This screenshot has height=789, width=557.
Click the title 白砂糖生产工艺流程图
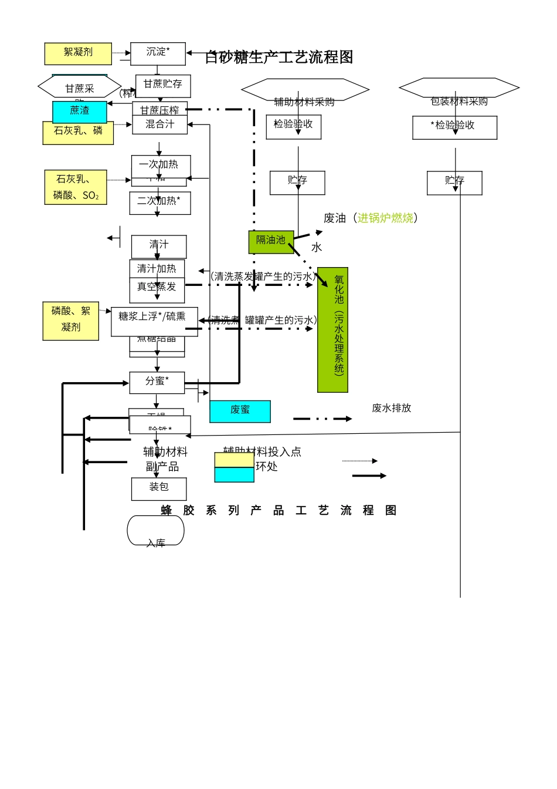point(279,57)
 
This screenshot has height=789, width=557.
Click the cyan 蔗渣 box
point(80,112)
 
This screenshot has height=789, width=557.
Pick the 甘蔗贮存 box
point(163,85)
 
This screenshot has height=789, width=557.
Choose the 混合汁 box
point(159,124)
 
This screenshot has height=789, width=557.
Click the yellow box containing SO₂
point(76,187)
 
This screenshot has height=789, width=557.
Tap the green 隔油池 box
point(270,241)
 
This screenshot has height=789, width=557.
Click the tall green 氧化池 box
point(332,329)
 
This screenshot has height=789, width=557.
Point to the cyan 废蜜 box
point(240,411)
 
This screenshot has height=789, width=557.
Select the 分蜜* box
point(157,382)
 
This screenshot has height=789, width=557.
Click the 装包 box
point(159,488)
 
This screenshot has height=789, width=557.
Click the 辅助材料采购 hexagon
point(305,90)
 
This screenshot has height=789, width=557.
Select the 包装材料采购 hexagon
point(459,88)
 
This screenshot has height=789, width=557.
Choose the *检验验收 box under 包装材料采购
point(454,127)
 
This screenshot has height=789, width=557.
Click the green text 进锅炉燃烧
point(385,218)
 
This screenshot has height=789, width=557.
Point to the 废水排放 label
point(391,408)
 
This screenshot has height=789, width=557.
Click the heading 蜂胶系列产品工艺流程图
point(279,511)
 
